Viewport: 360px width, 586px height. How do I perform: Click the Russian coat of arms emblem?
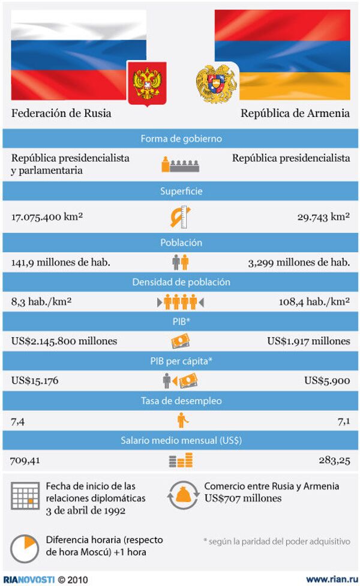pos(147,83)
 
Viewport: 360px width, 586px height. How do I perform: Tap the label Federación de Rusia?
pos(61,113)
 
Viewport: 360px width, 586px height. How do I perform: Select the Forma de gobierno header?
pos(181,139)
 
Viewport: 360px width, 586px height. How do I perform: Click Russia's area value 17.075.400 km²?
pos(47,217)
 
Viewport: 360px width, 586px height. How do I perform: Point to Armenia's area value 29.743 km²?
pos(323,217)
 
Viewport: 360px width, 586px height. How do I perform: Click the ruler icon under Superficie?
pos(180,217)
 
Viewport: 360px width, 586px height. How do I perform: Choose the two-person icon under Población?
pos(180,262)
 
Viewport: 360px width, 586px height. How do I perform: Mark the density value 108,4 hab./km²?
pos(314,301)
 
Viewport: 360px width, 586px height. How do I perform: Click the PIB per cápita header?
pos(181,360)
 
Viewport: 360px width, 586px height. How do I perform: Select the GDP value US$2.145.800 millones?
pos(64,341)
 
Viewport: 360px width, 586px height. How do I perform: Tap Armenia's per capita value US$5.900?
pos(327,380)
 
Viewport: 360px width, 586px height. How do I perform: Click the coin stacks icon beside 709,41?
pos(180,461)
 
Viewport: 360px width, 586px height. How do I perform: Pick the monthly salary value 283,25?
pos(334,461)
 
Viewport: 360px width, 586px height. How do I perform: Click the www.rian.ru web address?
pos(328,579)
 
